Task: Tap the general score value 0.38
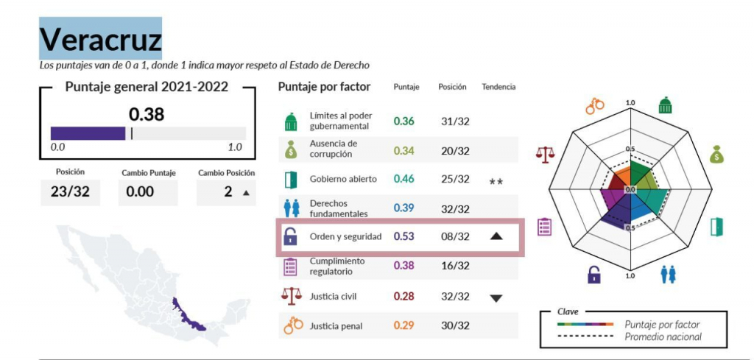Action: (x=147, y=114)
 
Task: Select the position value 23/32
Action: (x=70, y=191)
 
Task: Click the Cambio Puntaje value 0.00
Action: (x=140, y=192)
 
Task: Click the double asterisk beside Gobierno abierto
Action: (x=496, y=181)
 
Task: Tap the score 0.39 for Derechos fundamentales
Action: (x=404, y=208)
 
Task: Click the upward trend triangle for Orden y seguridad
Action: (x=496, y=236)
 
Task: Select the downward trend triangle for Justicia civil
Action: (x=496, y=298)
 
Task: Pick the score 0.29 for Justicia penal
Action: (x=404, y=325)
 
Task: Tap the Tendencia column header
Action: (x=498, y=87)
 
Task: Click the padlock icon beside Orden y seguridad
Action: (x=291, y=236)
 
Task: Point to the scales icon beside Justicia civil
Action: (x=292, y=296)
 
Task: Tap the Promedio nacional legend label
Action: (x=663, y=337)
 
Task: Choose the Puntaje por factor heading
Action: (x=324, y=87)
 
